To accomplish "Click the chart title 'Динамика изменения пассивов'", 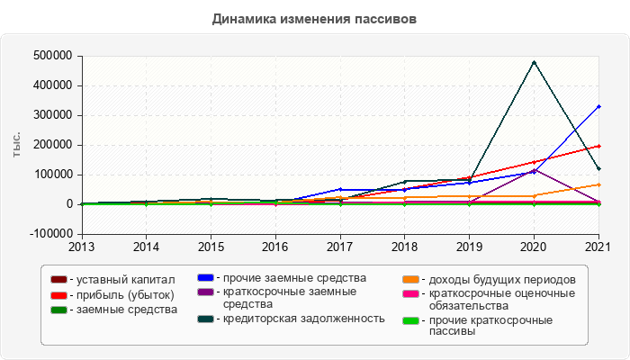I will (x=315, y=18).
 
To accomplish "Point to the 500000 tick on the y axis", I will (x=51, y=56).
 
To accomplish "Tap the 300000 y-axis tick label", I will (x=51, y=115).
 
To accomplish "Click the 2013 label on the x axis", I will (x=82, y=245).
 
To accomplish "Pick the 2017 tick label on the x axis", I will (x=340, y=245).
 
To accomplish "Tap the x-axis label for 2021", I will (x=598, y=245).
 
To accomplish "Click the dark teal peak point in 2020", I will (x=534, y=62).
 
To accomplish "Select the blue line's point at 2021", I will (x=598, y=106).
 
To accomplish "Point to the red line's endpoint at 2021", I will (x=598, y=146).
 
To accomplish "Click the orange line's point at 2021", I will (x=598, y=184).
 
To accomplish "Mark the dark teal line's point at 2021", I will (x=598, y=168).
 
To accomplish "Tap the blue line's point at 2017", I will (x=340, y=189).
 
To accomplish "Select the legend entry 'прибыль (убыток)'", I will (x=121, y=294).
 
